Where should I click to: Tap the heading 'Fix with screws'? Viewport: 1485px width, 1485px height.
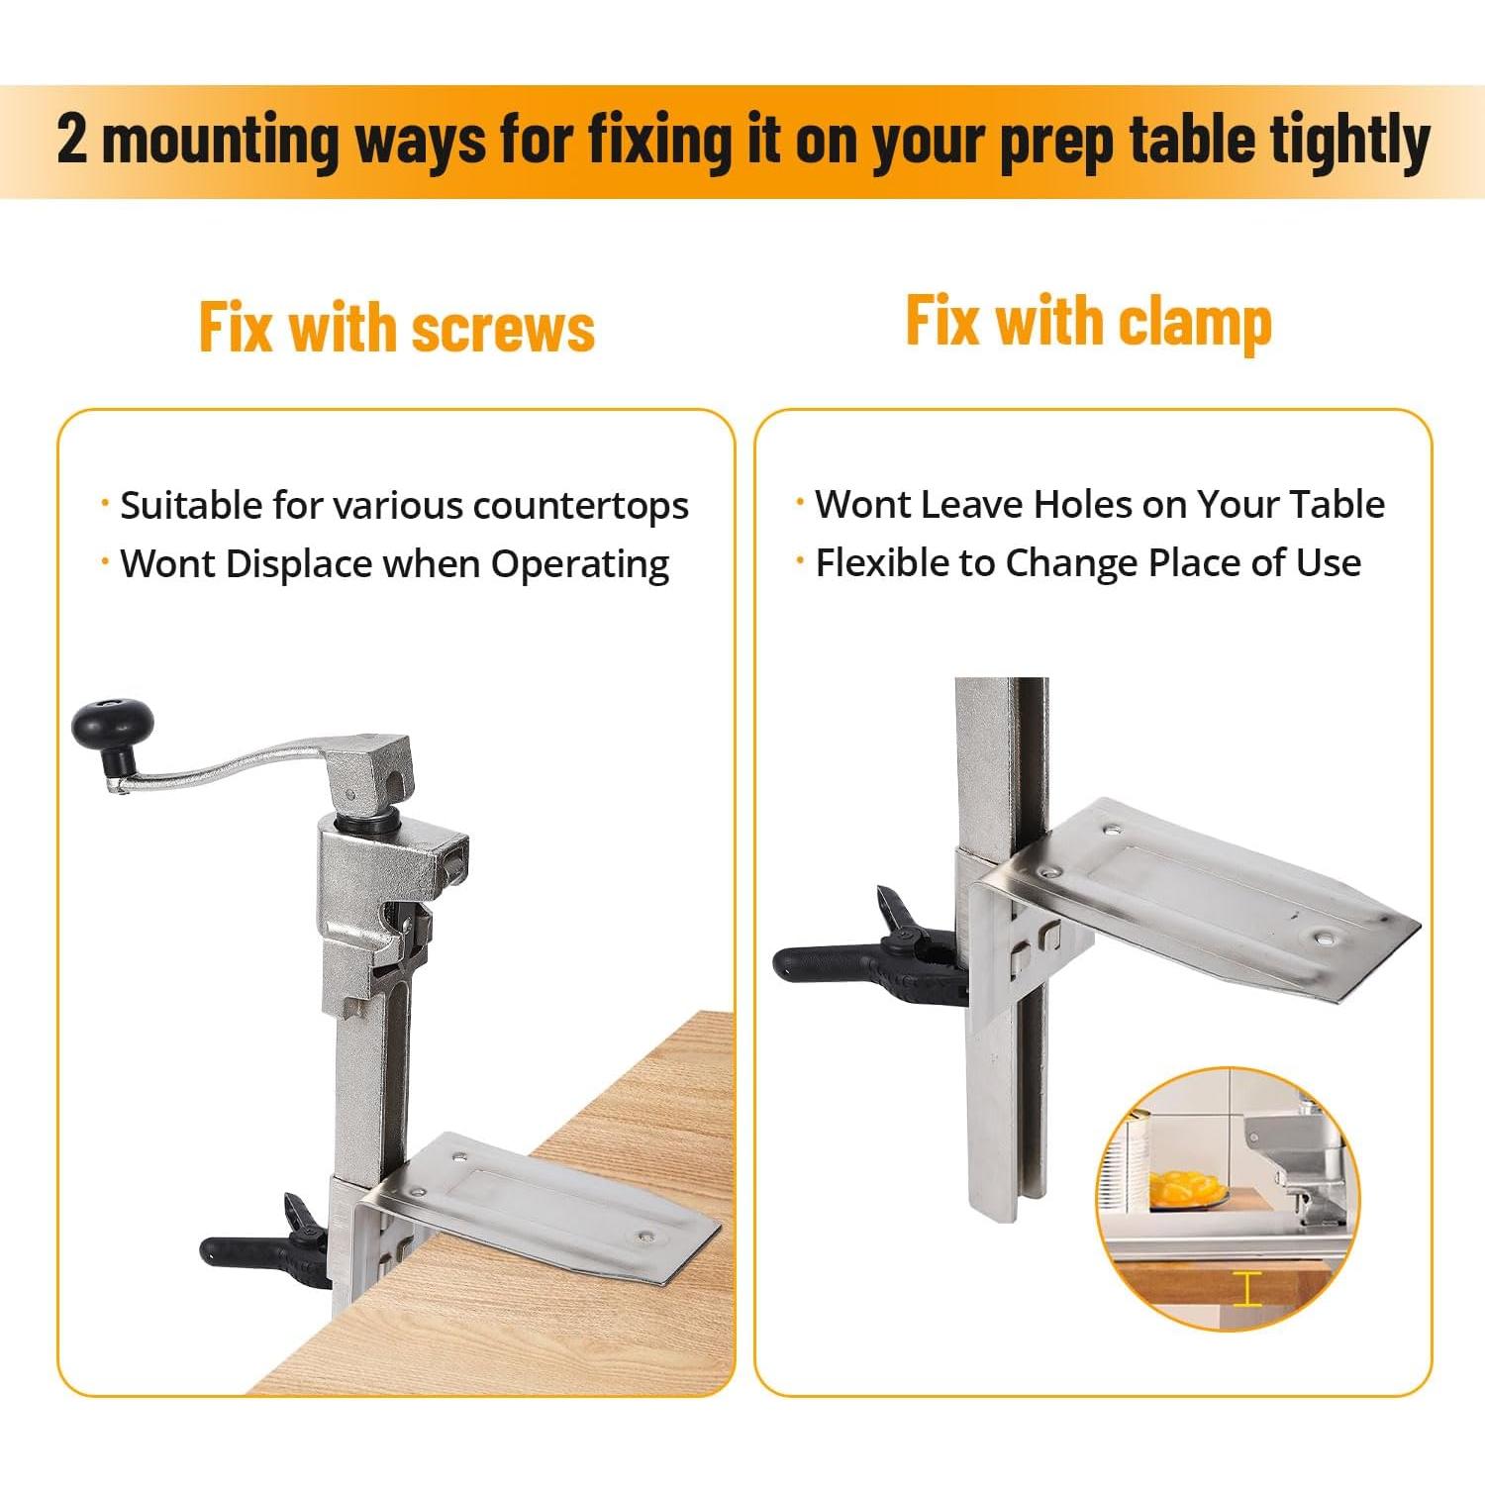tap(396, 328)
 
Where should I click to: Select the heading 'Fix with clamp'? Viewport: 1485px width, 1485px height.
tap(1088, 322)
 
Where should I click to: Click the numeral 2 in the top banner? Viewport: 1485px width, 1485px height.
tap(71, 141)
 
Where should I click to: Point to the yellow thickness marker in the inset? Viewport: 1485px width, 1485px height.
tap(1247, 1289)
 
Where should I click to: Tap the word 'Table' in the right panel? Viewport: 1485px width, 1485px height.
tap(1340, 505)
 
